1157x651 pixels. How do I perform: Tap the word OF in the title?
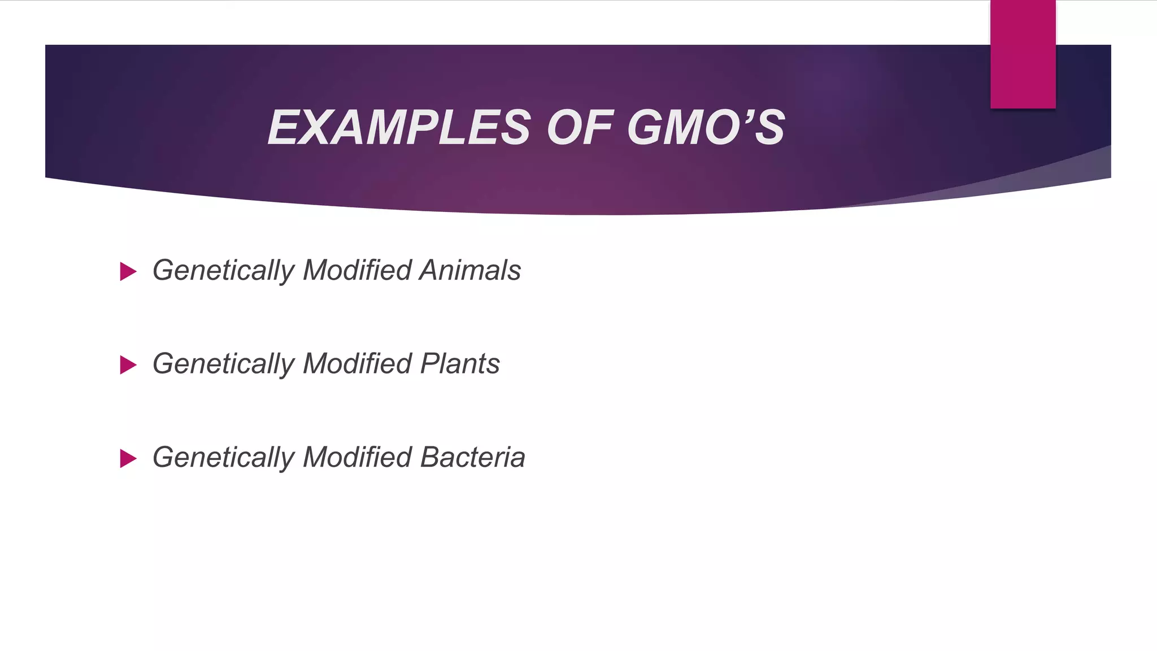tap(580, 128)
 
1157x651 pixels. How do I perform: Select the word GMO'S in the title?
tap(706, 128)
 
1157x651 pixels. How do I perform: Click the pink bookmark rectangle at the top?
tap(1023, 54)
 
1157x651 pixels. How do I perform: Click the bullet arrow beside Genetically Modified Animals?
tap(128, 272)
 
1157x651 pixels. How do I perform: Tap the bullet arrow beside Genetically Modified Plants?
tap(128, 365)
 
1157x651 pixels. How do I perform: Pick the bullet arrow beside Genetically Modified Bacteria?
tap(128, 458)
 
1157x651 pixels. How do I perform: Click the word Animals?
tap(470, 270)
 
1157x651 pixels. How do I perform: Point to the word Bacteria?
tap(473, 457)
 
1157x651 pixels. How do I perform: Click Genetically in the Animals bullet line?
tap(224, 271)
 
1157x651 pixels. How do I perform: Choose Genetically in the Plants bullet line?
tap(224, 364)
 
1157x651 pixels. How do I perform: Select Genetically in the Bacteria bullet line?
tap(224, 458)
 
